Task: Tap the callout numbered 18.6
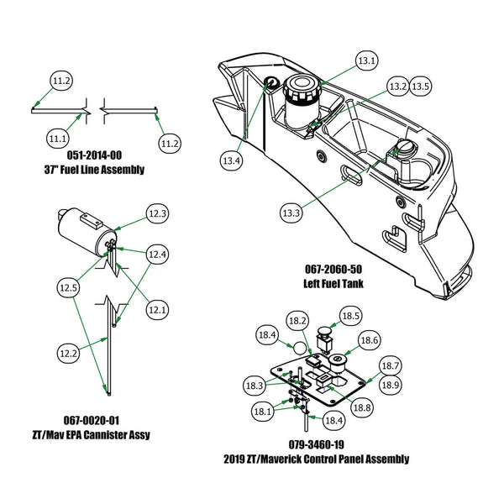pyautogui.click(x=369, y=340)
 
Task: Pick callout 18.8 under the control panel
pyautogui.click(x=362, y=407)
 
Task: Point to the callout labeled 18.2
pyautogui.click(x=297, y=321)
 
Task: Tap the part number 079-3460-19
pyautogui.click(x=317, y=444)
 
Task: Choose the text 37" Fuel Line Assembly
pyautogui.click(x=93, y=171)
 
